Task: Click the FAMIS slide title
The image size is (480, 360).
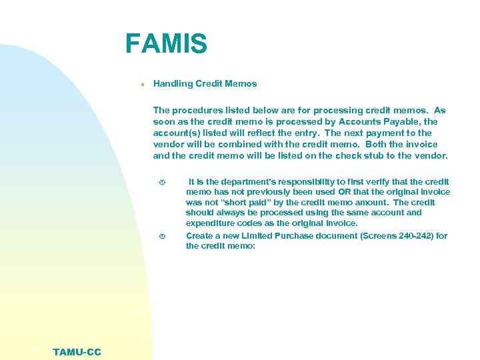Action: pos(166,44)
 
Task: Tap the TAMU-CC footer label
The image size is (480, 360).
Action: pos(77,352)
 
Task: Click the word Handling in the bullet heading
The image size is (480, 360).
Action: pos(173,84)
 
